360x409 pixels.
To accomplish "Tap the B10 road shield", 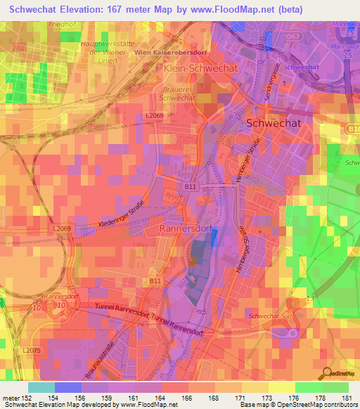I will (352, 129).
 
